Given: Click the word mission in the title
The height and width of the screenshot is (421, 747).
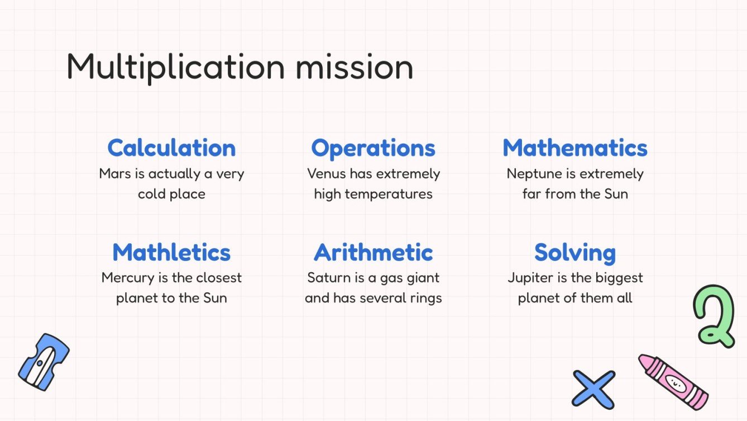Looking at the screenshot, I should coord(355,68).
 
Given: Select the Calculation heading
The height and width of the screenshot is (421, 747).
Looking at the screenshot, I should coord(171,148).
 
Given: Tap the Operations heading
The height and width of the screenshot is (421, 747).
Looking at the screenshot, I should coord(373,148).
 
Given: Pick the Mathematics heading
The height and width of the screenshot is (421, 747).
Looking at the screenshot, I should coord(575,148).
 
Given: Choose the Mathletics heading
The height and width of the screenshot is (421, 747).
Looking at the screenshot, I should coord(171,253).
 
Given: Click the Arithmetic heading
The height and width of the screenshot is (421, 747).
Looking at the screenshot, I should coord(373,253).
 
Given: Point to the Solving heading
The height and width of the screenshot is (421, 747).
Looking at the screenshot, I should coord(575,253).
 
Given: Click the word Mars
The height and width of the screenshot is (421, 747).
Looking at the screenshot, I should coord(114,174).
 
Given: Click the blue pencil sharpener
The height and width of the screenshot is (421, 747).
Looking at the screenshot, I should coord(44,362).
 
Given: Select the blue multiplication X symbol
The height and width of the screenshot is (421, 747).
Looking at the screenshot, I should coord(593,389).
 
